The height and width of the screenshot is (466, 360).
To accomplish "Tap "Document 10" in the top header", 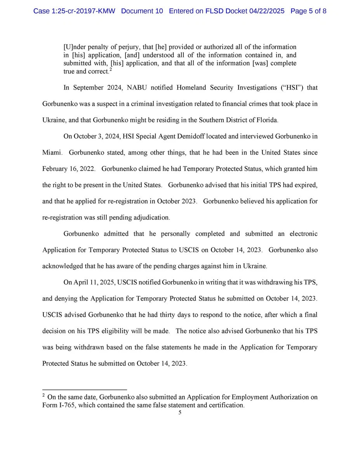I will [142, 11].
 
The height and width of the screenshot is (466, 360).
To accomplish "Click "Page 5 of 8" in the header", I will [308, 11].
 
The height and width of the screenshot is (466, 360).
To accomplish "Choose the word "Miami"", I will [51, 153].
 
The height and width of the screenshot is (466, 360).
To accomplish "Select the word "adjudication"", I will [150, 218].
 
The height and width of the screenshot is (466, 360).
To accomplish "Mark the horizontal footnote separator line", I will [84, 389].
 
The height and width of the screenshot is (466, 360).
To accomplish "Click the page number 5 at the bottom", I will [180, 413].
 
